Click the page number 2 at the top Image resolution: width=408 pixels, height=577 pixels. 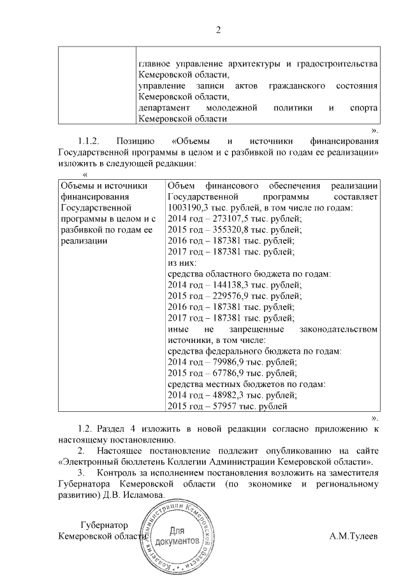(217, 29)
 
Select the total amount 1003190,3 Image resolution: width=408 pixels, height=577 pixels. (190, 208)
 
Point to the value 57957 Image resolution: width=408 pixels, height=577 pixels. (221, 406)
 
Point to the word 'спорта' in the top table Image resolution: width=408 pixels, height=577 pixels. (365, 108)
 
